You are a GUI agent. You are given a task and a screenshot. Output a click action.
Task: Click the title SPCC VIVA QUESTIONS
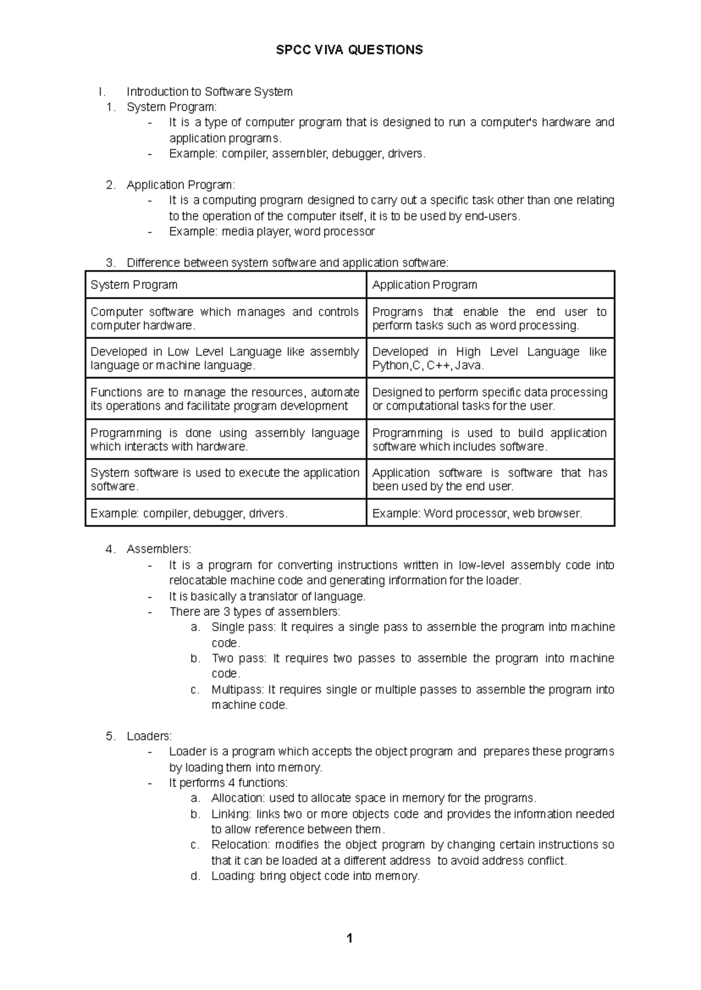pos(349,50)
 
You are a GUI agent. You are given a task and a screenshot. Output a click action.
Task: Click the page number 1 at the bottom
pos(349,939)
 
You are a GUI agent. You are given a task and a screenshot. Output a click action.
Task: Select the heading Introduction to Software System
pos(209,92)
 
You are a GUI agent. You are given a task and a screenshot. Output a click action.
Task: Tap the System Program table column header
pos(134,285)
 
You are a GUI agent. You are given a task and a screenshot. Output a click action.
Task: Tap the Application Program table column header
pos(424,285)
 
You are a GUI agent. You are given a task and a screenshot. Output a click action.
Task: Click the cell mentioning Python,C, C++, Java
pos(489,358)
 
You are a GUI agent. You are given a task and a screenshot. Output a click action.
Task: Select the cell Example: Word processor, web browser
pos(477,514)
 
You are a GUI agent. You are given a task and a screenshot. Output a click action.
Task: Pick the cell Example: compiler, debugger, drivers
pos(189,514)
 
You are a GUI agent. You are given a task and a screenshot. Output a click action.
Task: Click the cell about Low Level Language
pos(224,358)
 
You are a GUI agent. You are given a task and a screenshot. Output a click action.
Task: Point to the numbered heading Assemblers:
pos(158,549)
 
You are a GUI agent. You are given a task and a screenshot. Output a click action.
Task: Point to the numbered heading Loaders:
pos(149,736)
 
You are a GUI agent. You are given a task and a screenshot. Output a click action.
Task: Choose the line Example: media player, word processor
pos(272,231)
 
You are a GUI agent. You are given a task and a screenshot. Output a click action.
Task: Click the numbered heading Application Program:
pos(181,185)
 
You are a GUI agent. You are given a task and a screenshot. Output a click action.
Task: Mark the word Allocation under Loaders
pos(237,798)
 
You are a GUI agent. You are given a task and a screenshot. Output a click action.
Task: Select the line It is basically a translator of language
pos(267,596)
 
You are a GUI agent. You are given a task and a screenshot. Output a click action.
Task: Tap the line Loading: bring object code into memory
pos(315,876)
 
